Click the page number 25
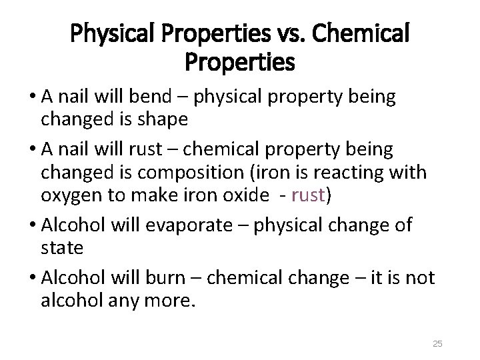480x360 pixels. [x=438, y=343]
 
